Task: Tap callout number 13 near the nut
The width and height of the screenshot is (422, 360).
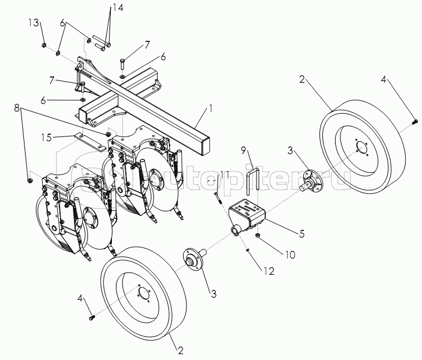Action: [34, 23]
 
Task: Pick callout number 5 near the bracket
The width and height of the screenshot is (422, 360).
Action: [301, 234]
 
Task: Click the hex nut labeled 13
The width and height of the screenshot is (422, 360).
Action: [44, 45]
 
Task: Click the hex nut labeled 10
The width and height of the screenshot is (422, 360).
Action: [257, 235]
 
